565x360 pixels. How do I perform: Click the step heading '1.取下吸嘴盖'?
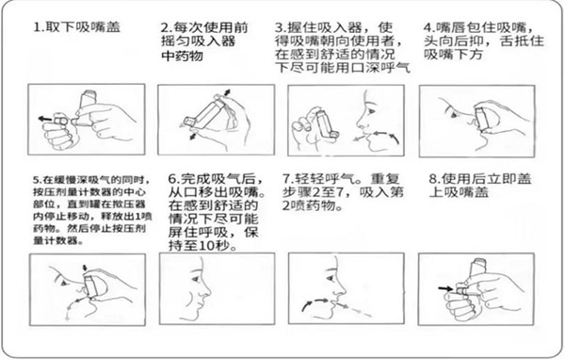tap(76, 27)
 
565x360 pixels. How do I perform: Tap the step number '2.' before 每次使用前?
tap(167, 27)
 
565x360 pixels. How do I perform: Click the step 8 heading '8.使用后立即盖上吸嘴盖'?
tap(480, 185)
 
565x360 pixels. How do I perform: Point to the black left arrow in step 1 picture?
tap(45, 119)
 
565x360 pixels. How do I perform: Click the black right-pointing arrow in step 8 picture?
tap(445, 288)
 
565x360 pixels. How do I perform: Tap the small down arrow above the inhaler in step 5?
tap(85, 269)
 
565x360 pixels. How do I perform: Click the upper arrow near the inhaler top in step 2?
tap(226, 92)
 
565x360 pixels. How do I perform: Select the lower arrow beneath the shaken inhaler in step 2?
tap(194, 136)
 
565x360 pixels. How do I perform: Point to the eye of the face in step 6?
tap(196, 278)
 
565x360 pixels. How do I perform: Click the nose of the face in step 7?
tap(340, 289)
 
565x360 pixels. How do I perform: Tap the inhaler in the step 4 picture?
tap(483, 117)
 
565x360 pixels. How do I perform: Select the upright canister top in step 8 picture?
tap(479, 267)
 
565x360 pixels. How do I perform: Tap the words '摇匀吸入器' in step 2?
tap(198, 41)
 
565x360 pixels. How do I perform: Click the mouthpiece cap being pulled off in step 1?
tap(60, 120)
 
